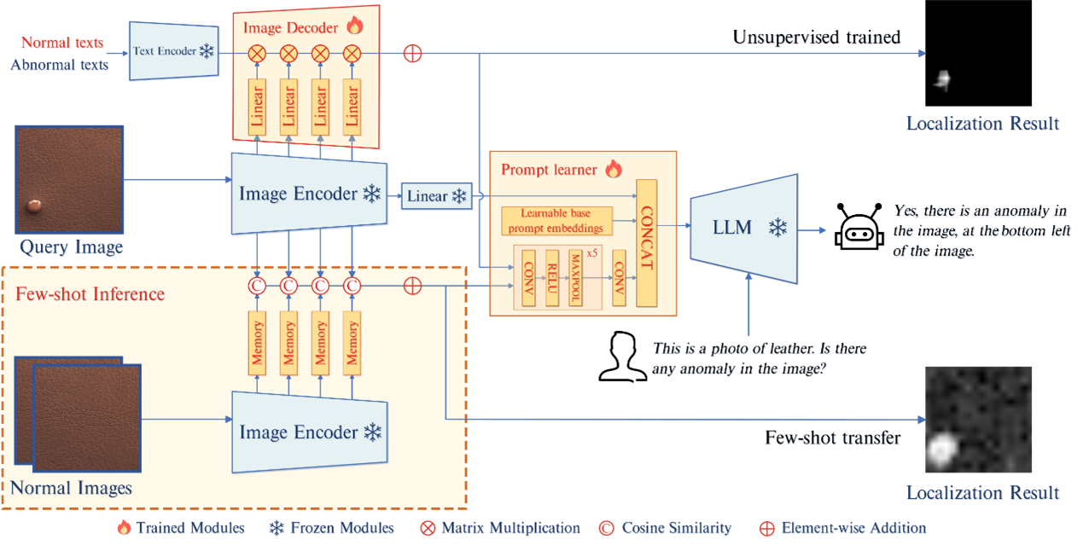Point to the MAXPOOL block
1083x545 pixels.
tap(576, 277)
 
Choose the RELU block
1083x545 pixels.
tap(551, 277)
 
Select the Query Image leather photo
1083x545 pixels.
tap(70, 180)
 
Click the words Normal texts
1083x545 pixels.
tap(62, 43)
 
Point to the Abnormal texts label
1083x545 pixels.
tap(60, 64)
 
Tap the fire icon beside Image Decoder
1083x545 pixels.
tap(354, 26)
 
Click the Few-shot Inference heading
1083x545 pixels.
tap(90, 294)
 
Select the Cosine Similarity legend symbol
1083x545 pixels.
tap(607, 528)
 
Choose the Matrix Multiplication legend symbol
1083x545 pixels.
tap(428, 528)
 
